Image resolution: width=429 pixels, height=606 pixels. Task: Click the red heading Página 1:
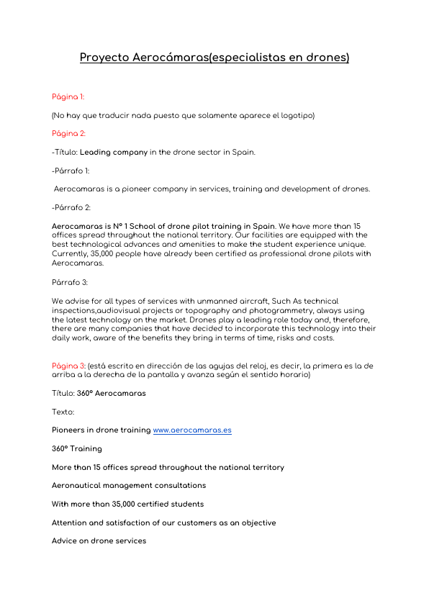pos(68,96)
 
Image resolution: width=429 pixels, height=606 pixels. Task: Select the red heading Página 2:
pos(69,134)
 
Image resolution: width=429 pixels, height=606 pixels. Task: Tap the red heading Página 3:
pos(69,366)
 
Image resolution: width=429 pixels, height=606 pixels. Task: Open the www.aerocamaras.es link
pos(192,430)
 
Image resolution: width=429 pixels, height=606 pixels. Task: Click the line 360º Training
pos(77,449)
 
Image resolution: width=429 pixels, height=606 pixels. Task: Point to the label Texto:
pos(63,412)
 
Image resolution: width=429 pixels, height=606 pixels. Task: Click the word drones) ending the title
pos(328,58)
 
